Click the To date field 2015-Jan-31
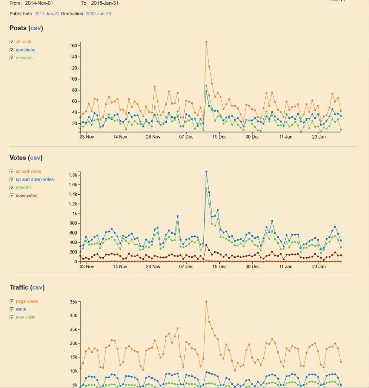(x=116, y=3)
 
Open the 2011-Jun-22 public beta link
(x=46, y=14)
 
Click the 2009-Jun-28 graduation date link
(x=98, y=14)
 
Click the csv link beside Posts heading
(x=36, y=28)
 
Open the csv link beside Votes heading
(x=35, y=158)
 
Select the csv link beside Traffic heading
(x=37, y=288)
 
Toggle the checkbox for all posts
(x=12, y=42)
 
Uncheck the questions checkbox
(x=12, y=50)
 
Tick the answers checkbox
(x=12, y=58)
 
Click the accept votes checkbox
(x=12, y=172)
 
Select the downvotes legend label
(x=26, y=196)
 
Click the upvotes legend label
(x=24, y=188)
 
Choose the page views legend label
(x=27, y=301)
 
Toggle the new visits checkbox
(x=12, y=318)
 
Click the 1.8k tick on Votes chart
(x=72, y=175)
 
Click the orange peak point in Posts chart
(x=206, y=42)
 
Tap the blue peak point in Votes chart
(x=206, y=172)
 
